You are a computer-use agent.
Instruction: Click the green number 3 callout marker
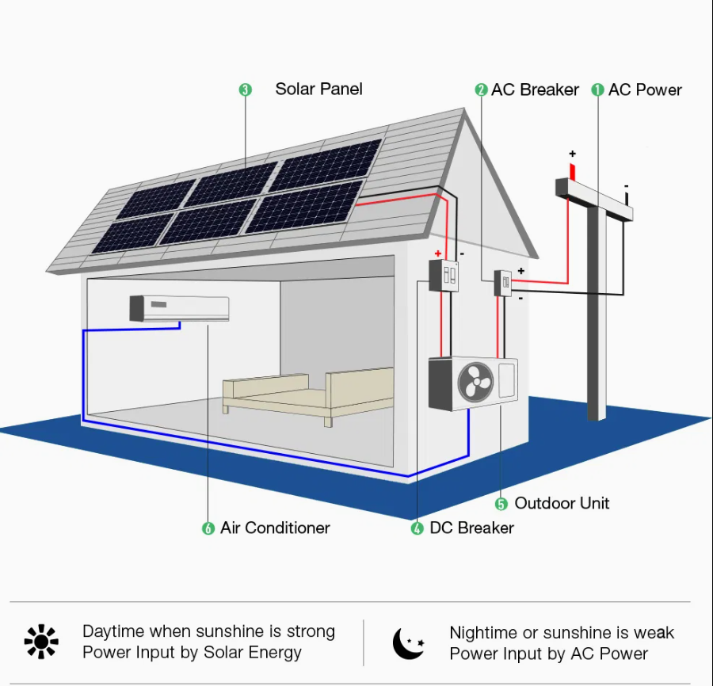(x=245, y=90)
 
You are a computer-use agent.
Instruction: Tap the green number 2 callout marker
(x=481, y=90)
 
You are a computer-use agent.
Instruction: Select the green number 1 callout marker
(x=597, y=90)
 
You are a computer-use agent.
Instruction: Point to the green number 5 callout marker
(x=501, y=504)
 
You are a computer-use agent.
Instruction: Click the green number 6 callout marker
(x=208, y=528)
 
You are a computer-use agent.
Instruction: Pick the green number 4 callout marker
(x=417, y=528)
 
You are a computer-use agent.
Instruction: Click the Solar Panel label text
(x=318, y=89)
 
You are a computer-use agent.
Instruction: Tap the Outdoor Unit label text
(x=562, y=503)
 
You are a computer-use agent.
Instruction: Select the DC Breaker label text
(x=471, y=528)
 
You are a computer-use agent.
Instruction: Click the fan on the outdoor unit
(x=475, y=382)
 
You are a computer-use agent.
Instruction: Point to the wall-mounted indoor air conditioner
(x=179, y=308)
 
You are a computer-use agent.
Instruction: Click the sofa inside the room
(x=308, y=394)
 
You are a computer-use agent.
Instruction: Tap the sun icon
(x=41, y=642)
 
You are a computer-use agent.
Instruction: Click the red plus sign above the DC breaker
(x=438, y=253)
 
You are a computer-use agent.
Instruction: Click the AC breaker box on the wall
(x=503, y=283)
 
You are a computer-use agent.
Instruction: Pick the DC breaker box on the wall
(x=444, y=276)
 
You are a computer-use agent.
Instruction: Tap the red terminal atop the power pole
(x=573, y=172)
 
